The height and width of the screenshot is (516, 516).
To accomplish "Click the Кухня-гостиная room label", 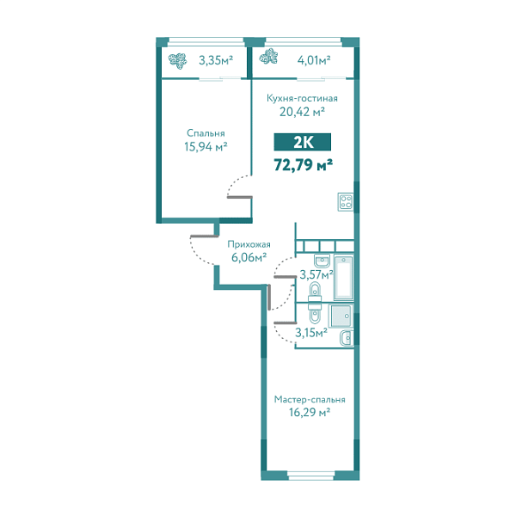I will point(301,98).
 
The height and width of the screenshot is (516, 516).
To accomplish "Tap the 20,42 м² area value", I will point(301,111).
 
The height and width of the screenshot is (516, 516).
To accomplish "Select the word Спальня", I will point(206,133).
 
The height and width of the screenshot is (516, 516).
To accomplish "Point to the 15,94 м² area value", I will point(206,147).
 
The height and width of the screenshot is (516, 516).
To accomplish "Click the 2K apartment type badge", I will point(301,143).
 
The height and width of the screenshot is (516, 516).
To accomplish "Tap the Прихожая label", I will point(243,244).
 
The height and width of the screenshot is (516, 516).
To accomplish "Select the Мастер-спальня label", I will point(310,400).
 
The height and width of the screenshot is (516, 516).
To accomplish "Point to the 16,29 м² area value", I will point(310,413).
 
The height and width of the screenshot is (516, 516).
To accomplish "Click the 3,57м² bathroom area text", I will point(316,275).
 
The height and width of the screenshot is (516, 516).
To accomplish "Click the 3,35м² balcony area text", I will point(215,60).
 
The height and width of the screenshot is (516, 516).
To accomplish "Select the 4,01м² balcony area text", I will point(313,60).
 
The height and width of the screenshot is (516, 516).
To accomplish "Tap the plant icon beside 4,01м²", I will point(269,58).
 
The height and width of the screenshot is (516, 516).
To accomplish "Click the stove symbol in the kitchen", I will point(346,203).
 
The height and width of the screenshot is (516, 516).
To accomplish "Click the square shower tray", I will point(341,316).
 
